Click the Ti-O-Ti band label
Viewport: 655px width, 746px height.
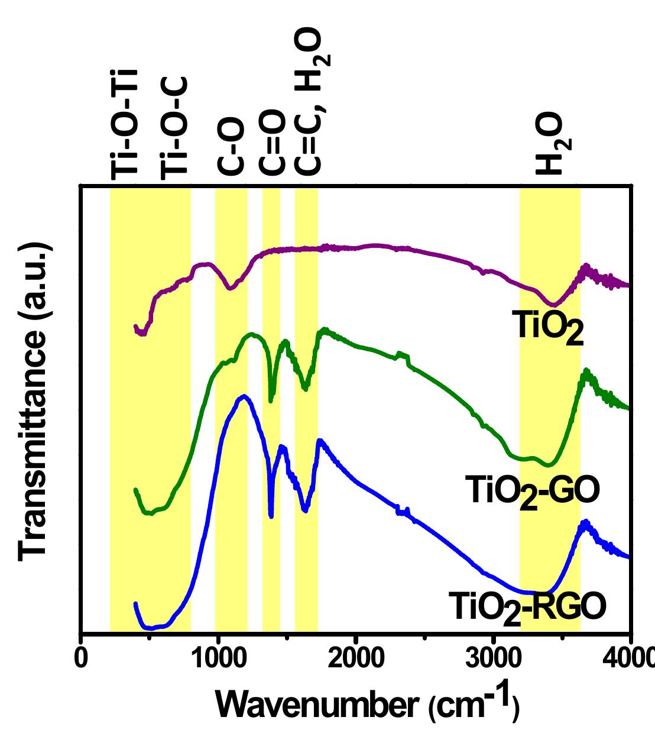124,124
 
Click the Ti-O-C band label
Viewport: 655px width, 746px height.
174,127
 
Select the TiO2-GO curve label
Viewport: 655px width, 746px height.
533,491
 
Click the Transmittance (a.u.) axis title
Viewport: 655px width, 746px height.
33,402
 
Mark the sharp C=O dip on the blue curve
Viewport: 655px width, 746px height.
271,516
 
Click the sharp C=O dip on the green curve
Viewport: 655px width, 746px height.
271,401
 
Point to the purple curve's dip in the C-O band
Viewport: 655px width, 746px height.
231,288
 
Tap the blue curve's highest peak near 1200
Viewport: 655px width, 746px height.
244,396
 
